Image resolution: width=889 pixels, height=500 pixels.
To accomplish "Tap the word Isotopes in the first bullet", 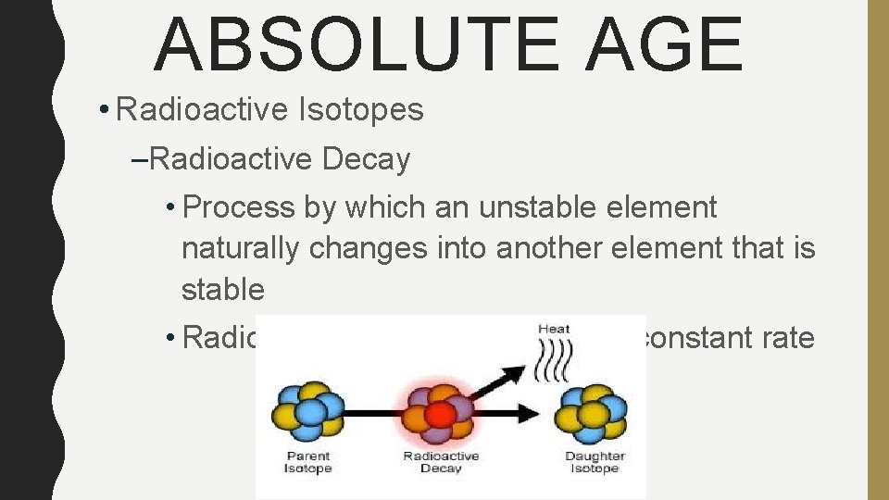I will click(361, 110).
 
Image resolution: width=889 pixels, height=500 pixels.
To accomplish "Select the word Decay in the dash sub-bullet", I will click(366, 159).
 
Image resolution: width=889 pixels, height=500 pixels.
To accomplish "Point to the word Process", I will click(242, 207).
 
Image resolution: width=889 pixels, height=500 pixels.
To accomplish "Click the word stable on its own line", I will click(223, 289).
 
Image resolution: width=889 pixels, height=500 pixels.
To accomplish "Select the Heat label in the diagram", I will click(554, 328).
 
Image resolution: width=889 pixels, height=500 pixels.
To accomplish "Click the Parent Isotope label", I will click(307, 462).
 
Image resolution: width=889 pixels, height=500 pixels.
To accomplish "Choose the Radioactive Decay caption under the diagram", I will click(441, 462).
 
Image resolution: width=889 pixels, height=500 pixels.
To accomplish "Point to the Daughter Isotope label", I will click(595, 462).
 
